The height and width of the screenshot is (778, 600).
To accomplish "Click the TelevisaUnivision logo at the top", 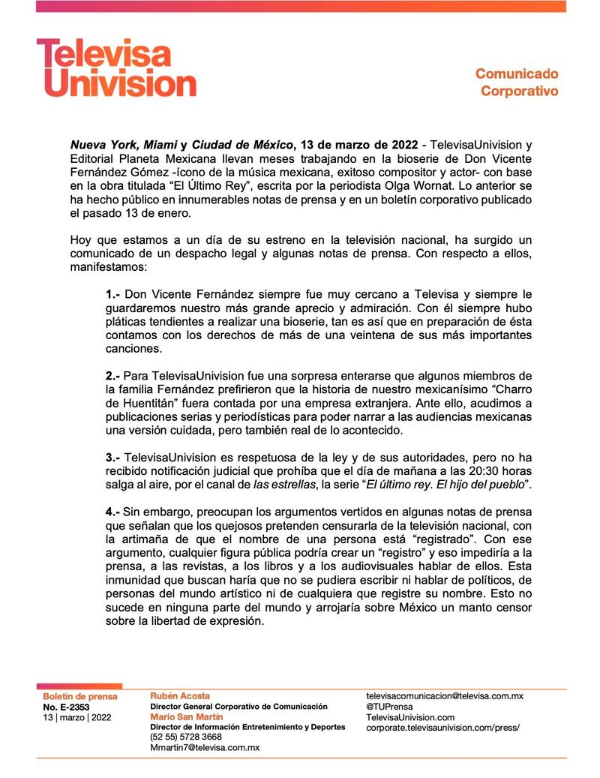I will [x=116, y=68].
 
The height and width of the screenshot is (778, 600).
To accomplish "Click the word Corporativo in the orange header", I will [x=519, y=92].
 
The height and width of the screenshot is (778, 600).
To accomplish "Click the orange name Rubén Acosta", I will [x=180, y=696].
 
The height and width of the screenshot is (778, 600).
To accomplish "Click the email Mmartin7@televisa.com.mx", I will [x=205, y=747].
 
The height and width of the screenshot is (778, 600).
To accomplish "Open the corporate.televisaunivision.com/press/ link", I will [x=442, y=728].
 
